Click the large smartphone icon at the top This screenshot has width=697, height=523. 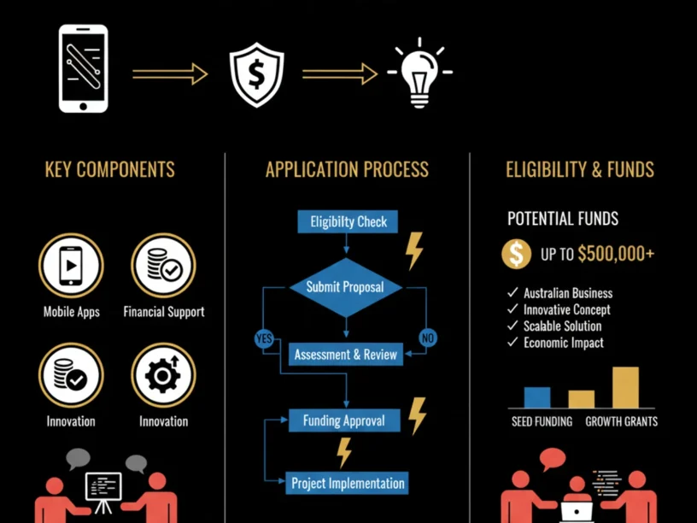tap(83, 68)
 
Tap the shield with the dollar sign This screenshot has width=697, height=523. tap(256, 74)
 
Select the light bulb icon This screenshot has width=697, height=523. tap(419, 73)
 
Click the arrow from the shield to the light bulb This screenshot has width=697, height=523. tap(340, 73)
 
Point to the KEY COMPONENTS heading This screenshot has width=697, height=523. tap(110, 169)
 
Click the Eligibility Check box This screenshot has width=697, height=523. tap(348, 221)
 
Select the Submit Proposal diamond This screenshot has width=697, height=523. tap(346, 287)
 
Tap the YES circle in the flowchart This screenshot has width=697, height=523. tap(264, 338)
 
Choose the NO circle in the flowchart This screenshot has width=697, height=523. tap(428, 338)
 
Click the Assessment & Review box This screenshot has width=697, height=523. tap(346, 355)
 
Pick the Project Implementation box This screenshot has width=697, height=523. tap(347, 483)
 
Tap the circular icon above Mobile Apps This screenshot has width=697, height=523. tap(71, 266)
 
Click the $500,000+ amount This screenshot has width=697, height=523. tap(616, 254)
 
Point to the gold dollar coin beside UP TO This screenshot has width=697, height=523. tap(517, 254)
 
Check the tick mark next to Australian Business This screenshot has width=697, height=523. tap(513, 292)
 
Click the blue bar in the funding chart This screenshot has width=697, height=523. tap(537, 397)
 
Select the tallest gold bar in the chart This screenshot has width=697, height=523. tap(625, 387)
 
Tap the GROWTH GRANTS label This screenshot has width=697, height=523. tap(622, 421)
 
